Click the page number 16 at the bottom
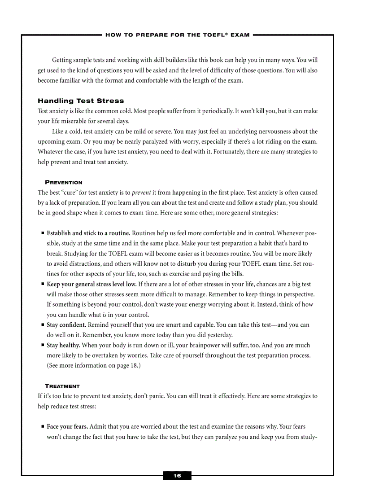point(177,476)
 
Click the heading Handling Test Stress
point(81,101)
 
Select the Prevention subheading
point(64,182)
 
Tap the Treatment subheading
point(62,386)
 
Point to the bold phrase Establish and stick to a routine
point(88,233)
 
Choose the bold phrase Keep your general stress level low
point(91,284)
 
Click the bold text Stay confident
point(66,324)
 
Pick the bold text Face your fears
point(67,426)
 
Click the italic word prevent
point(141,193)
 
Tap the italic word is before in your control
point(105,315)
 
